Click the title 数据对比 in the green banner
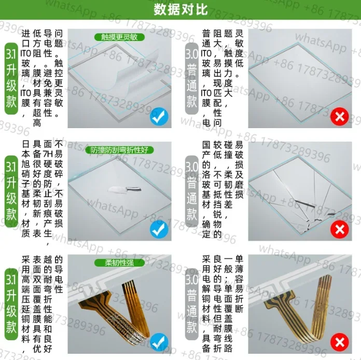tap(180, 10)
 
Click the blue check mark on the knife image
tap(159, 229)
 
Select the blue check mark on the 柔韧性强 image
tap(159, 342)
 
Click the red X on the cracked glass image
tap(339, 229)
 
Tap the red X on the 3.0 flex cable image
tap(339, 342)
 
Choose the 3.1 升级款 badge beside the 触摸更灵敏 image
tap(11, 78)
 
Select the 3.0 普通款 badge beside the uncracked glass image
tap(191, 78)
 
